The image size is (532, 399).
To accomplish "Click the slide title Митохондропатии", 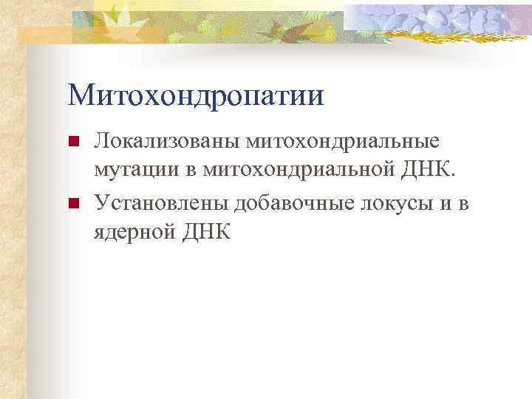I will pyautogui.click(x=196, y=96).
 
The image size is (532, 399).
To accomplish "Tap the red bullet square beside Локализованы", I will pyautogui.click(x=72, y=142).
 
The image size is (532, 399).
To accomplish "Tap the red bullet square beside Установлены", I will pyautogui.click(x=72, y=203).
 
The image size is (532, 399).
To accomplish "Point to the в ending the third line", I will pyautogui.click(x=463, y=202).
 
